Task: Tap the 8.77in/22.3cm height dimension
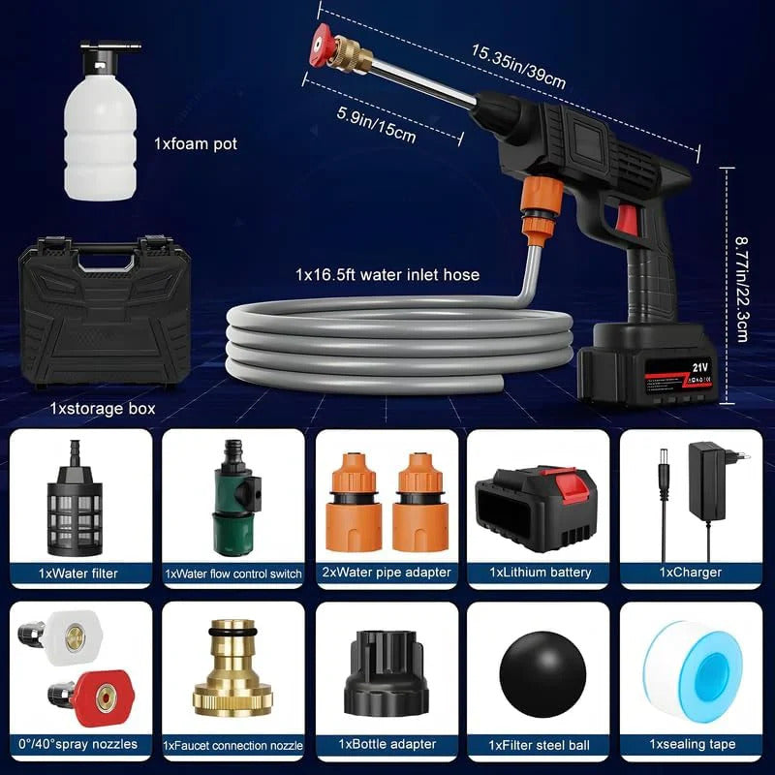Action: tap(742, 276)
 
